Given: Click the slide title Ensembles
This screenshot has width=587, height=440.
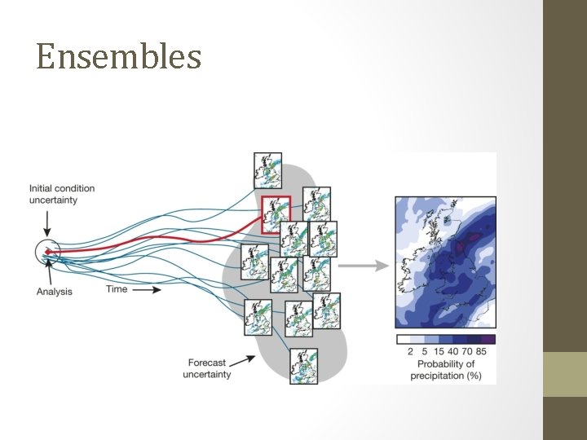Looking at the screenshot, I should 119,57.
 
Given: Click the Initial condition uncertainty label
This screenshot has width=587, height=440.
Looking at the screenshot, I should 62,194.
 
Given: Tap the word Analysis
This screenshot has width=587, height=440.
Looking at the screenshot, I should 54,292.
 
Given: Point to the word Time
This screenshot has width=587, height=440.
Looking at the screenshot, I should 117,288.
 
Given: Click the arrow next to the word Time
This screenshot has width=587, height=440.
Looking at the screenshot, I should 147,288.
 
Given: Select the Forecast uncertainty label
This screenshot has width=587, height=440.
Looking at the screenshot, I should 207,368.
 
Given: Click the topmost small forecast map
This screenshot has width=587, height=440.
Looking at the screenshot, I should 267,170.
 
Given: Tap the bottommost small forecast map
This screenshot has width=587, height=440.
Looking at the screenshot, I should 303,366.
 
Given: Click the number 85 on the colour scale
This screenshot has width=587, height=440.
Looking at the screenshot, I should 481,352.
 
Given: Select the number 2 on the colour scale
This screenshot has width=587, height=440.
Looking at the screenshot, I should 410,352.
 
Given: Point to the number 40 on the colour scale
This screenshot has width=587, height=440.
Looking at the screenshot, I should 452,352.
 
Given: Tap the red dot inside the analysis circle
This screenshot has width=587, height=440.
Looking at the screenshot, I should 47,253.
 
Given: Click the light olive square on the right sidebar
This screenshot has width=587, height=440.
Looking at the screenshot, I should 565,374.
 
